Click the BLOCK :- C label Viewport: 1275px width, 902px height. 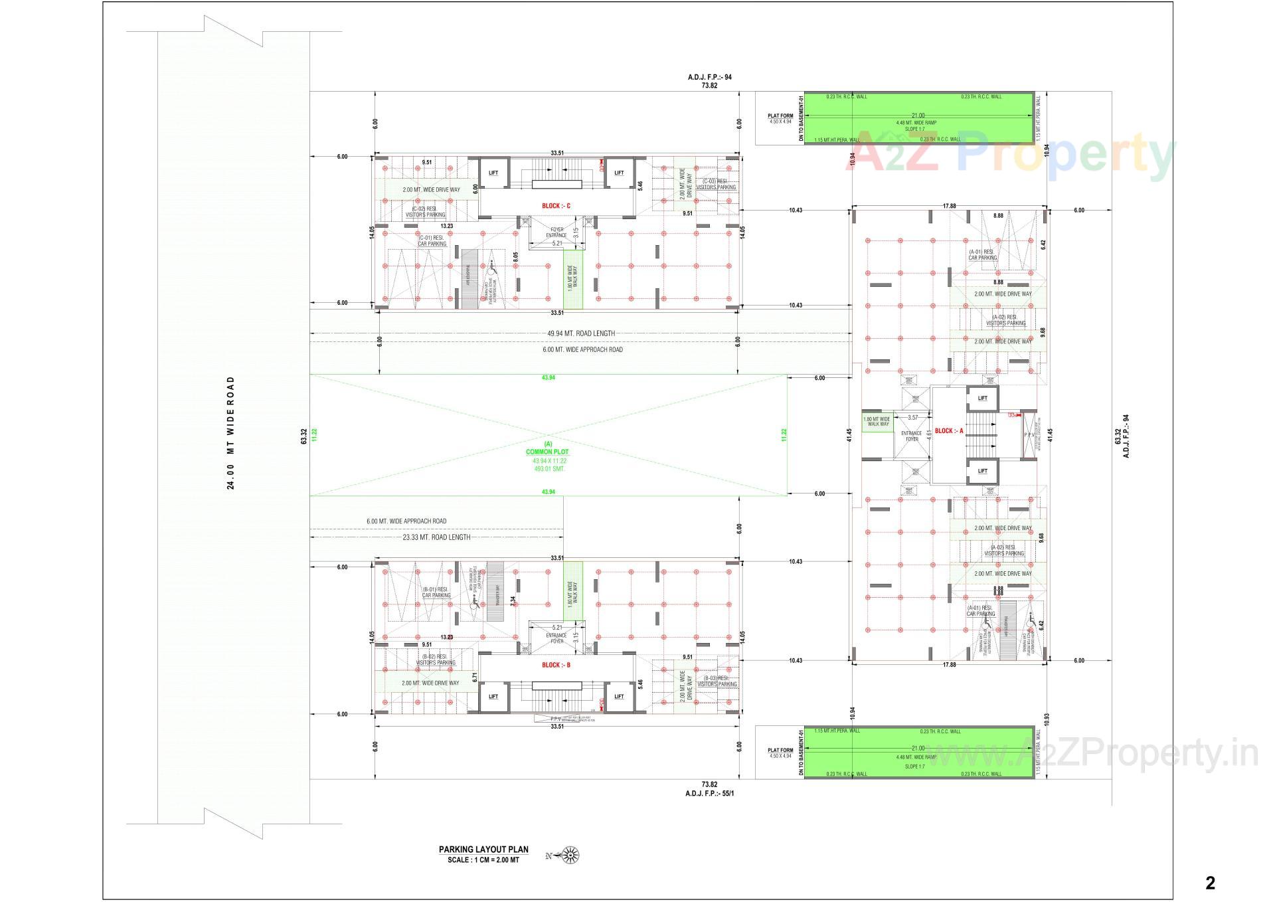pos(556,206)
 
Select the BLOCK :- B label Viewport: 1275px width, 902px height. pos(556,665)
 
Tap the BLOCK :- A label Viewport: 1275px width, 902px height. pos(948,431)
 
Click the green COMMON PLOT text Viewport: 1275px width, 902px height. pos(547,452)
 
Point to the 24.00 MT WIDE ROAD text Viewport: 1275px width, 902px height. pos(231,432)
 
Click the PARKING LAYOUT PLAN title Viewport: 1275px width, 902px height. pos(483,849)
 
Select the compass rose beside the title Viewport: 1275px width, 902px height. pos(570,856)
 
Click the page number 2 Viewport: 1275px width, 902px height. pos(1210,883)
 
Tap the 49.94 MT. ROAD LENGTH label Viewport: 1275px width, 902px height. pos(581,333)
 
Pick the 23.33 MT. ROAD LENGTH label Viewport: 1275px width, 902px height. pos(436,537)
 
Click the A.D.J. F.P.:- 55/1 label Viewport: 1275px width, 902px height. pos(710,793)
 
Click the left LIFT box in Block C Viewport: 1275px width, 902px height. pos(493,173)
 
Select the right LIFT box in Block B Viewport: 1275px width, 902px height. pos(619,696)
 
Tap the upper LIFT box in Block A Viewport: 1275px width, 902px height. pos(983,399)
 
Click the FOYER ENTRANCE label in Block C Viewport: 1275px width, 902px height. pos(556,232)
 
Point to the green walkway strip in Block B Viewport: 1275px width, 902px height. pos(573,591)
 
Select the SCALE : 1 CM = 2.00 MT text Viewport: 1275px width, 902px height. pos(483,859)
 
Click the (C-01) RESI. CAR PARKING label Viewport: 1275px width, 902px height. pos(432,240)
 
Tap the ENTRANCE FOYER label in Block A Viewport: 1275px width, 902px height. pos(912,436)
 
